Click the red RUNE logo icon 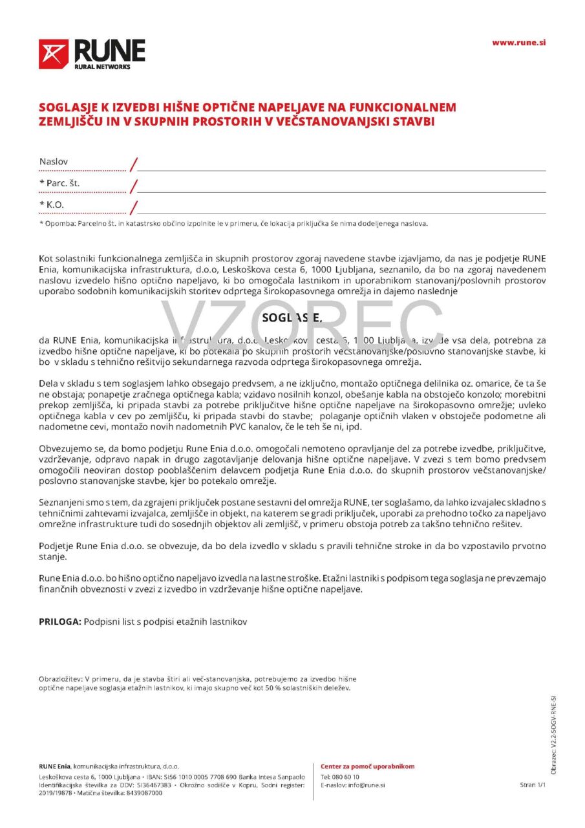pyautogui.click(x=53, y=54)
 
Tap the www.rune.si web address pyautogui.click(x=518, y=43)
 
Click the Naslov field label pyautogui.click(x=54, y=162)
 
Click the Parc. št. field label pyautogui.click(x=59, y=184)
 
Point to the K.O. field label pyautogui.click(x=56, y=205)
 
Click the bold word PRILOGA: pyautogui.click(x=60, y=622)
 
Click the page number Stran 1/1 pyautogui.click(x=533, y=785)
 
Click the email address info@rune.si pyautogui.click(x=366, y=785)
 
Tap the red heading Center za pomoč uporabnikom pyautogui.click(x=367, y=767)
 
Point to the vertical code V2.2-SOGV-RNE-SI pyautogui.click(x=553, y=734)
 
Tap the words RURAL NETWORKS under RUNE pyautogui.click(x=102, y=67)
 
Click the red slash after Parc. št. pyautogui.click(x=134, y=187)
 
